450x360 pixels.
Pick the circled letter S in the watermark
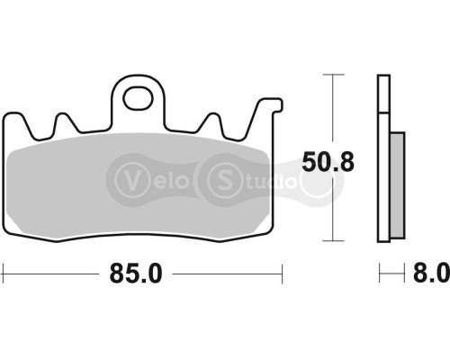[220, 176]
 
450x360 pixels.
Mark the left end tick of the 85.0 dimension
[4, 270]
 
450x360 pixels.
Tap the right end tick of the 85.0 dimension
[283, 270]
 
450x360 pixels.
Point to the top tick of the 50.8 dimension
[335, 76]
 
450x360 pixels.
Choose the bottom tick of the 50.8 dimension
[335, 241]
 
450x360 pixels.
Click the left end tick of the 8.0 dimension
[379, 270]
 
